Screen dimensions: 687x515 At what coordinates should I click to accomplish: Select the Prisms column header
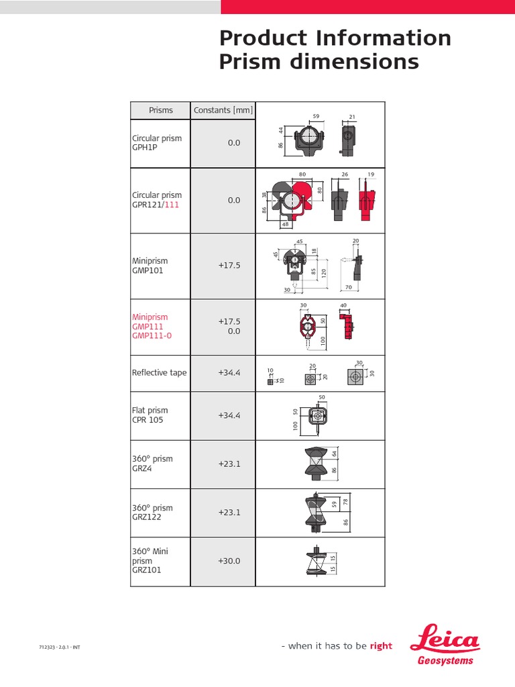click(161, 111)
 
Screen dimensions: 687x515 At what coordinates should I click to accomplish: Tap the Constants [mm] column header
click(223, 111)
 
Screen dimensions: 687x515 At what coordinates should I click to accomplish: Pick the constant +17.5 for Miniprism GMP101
click(229, 266)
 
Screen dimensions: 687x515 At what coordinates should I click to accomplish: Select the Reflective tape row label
click(160, 373)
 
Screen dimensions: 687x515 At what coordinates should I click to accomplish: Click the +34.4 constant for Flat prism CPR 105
click(229, 415)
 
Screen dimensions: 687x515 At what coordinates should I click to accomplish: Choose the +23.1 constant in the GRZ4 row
click(229, 464)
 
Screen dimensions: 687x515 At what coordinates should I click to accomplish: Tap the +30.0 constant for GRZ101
click(229, 561)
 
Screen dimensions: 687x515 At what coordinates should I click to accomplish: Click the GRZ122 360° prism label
click(147, 517)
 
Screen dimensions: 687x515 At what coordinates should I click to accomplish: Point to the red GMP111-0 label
click(152, 335)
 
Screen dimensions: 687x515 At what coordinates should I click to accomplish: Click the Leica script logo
click(449, 637)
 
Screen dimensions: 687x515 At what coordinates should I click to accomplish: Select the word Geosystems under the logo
click(446, 660)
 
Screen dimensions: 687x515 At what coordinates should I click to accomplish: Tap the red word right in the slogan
click(381, 646)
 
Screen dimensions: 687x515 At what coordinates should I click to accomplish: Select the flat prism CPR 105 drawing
click(318, 417)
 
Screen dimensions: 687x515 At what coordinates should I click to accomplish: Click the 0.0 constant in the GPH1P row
click(233, 143)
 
